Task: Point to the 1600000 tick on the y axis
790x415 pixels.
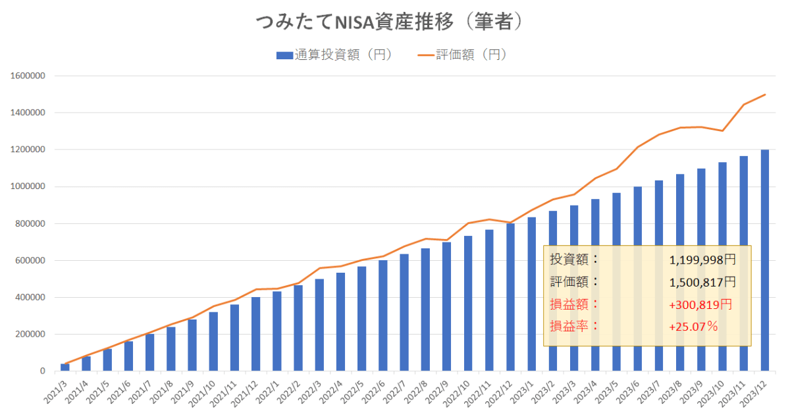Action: tap(27, 76)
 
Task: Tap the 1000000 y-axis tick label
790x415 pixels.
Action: tap(27, 186)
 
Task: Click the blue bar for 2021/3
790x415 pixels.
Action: tap(65, 368)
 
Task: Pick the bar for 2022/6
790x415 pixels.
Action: tap(382, 316)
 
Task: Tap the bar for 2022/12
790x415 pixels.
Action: tap(510, 297)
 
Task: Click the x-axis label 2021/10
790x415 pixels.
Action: tap(206, 394)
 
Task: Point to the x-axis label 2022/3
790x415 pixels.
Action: tap(312, 394)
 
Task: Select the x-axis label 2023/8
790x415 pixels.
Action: tap(673, 394)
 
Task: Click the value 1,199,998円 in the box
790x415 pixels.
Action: tap(702, 260)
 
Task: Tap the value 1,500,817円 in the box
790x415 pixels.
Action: tap(702, 283)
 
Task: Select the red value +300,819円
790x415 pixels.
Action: tap(700, 304)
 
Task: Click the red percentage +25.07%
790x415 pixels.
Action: tap(693, 326)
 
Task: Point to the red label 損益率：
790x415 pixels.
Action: tap(575, 326)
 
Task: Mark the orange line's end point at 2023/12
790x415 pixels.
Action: tap(764, 95)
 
